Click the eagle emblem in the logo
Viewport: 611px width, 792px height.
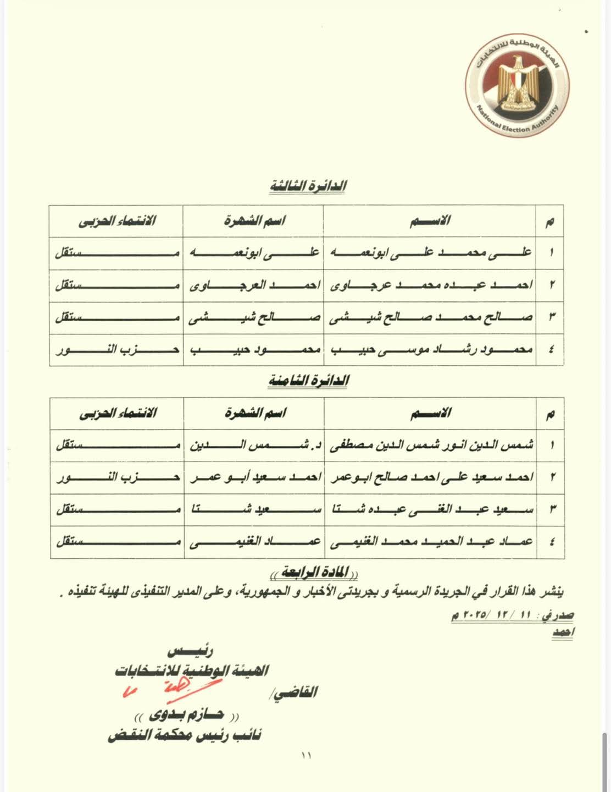(x=517, y=82)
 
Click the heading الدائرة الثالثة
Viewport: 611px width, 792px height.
(x=308, y=186)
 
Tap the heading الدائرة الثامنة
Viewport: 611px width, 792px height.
(x=309, y=381)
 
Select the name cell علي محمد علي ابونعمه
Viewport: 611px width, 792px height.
(x=431, y=252)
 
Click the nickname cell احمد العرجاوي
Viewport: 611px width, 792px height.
(x=254, y=285)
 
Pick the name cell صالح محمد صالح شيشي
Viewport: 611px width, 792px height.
(x=431, y=317)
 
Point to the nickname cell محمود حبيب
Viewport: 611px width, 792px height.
(x=254, y=349)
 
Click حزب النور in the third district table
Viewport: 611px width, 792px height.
(x=118, y=349)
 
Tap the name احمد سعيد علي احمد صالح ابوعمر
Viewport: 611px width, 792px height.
(x=431, y=477)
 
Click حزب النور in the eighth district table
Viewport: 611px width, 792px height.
(x=118, y=477)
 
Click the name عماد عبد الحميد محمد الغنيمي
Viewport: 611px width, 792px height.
(x=431, y=541)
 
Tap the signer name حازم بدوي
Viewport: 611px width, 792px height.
(x=187, y=715)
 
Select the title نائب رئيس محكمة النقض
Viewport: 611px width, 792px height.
(x=185, y=735)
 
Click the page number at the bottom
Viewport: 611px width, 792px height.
(x=306, y=756)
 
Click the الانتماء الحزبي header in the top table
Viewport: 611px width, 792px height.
(x=117, y=221)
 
